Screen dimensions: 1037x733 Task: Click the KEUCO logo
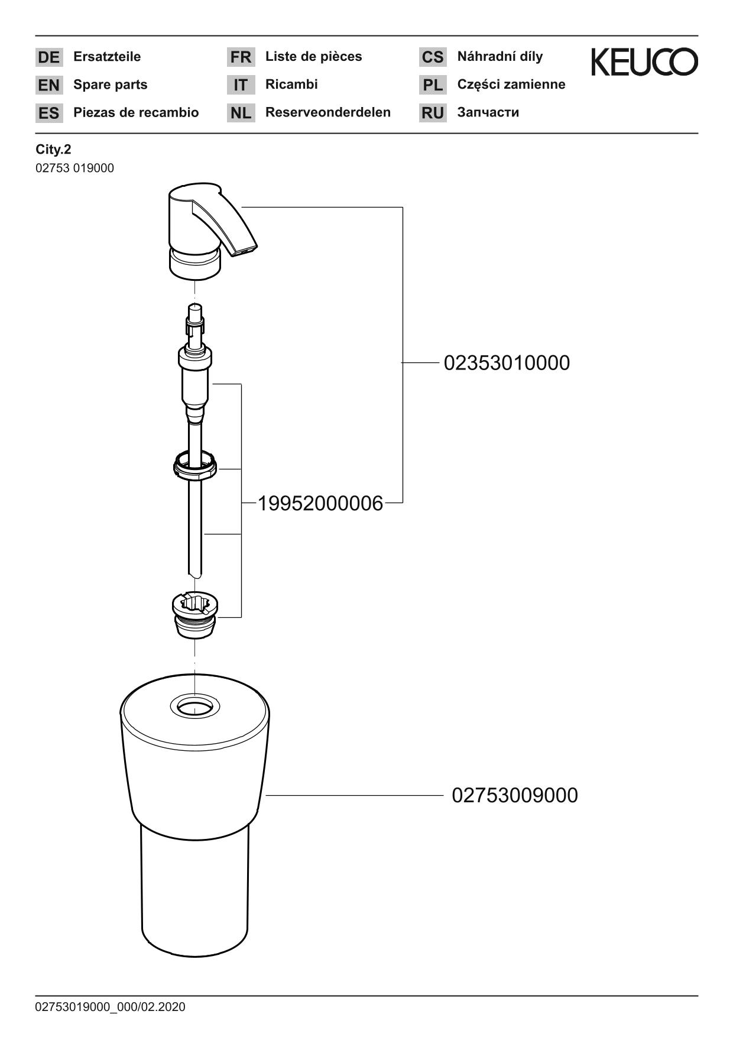pos(644,62)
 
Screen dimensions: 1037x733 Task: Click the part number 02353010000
pos(507,363)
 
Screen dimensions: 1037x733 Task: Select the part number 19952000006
pos(320,504)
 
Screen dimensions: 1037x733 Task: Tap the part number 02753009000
pos(514,796)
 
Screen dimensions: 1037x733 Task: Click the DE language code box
pos(48,57)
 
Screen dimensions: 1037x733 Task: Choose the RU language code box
pos(433,113)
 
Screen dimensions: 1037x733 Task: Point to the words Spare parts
pos(110,85)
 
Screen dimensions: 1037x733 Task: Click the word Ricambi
pos(291,85)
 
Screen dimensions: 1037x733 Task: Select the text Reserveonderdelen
pos(327,112)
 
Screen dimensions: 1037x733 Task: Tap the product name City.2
pos(53,150)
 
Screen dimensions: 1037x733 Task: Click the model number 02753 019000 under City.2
pos(74,168)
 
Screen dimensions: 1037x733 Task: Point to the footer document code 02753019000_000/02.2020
pos(110,1007)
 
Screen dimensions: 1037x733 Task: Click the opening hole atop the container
pos(195,707)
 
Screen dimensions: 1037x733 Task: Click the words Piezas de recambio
pos(136,112)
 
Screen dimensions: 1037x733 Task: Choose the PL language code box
pos(433,85)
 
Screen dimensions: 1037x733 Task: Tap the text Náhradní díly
pos(500,57)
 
